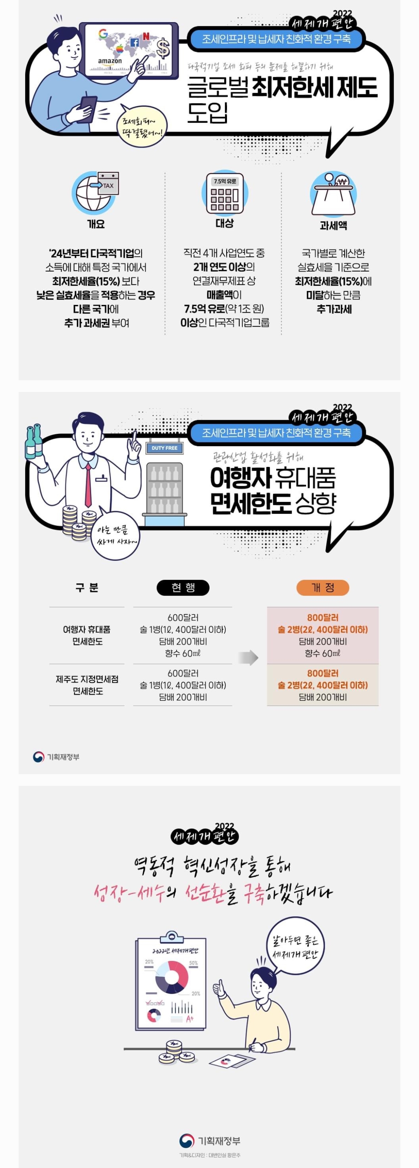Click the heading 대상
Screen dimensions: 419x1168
(224, 223)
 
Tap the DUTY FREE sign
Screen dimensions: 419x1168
(164, 448)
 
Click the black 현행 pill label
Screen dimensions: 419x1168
(183, 588)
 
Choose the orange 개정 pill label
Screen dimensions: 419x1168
(322, 588)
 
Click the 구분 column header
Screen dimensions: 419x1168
(87, 588)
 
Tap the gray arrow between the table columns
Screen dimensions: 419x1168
(248, 658)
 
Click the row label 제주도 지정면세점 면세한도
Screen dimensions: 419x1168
(87, 685)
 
